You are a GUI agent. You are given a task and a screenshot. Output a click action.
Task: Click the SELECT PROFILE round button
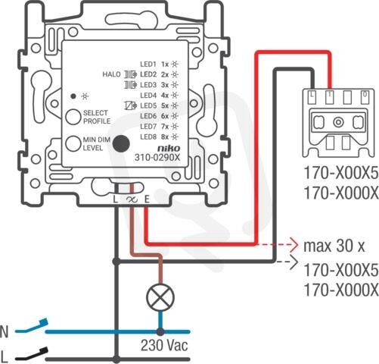click(x=73, y=117)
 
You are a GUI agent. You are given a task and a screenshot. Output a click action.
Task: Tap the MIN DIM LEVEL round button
click(x=73, y=144)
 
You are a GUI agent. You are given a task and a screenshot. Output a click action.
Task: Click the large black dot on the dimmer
click(x=121, y=144)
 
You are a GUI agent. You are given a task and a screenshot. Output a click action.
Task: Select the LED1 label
click(x=148, y=64)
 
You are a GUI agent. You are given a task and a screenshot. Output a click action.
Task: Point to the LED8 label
click(x=148, y=137)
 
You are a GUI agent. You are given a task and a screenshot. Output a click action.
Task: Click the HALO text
click(x=111, y=74)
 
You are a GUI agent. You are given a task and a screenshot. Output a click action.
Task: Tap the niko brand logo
click(x=169, y=149)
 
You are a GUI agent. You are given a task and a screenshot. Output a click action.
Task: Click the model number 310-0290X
click(x=157, y=158)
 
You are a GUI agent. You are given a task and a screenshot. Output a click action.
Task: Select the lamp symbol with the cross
click(x=160, y=297)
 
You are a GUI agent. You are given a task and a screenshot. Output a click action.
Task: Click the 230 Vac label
click(x=164, y=345)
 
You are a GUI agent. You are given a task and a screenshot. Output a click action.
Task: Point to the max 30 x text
click(x=334, y=246)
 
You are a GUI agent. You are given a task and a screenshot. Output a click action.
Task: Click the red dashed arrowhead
click(x=294, y=245)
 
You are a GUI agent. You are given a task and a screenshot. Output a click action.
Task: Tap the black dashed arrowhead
click(x=294, y=262)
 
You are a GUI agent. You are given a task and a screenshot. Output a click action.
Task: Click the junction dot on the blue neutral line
click(x=160, y=331)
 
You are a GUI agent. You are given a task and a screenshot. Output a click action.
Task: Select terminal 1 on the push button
click(x=330, y=97)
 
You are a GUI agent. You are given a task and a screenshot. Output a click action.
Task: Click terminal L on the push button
click(x=312, y=97)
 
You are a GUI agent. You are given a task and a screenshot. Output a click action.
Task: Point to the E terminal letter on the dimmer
click(x=147, y=199)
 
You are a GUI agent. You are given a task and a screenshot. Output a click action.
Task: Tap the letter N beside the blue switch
click(x=5, y=331)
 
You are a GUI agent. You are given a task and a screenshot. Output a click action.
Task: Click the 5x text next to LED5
click(x=165, y=105)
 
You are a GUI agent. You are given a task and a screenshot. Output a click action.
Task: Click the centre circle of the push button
click(x=338, y=123)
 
